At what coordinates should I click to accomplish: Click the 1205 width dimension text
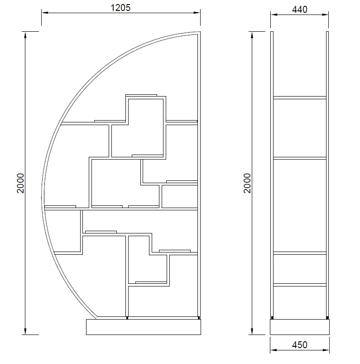tap(120, 8)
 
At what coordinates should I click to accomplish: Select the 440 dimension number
tap(299, 10)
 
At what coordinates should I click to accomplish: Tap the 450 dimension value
tap(299, 345)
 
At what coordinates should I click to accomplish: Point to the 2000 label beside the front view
tap(20, 183)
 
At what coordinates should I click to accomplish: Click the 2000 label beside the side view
tap(247, 183)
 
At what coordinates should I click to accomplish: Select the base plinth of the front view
tap(144, 327)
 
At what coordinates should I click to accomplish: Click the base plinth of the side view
tap(300, 327)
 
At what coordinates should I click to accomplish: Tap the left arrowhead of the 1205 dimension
tap(45, 13)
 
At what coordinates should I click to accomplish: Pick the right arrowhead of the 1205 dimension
tap(197, 13)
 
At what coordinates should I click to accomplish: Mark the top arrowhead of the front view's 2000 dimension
tap(25, 34)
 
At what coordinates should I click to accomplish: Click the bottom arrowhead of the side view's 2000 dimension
tap(252, 331)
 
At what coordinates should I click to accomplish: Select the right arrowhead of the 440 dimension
tap(325, 15)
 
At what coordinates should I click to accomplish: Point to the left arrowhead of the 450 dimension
tap(273, 350)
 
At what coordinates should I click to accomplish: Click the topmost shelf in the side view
tap(300, 98)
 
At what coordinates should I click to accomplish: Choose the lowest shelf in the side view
tap(300, 285)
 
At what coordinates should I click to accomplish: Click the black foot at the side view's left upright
tap(272, 318)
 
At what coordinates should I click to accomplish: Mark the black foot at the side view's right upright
tap(327, 318)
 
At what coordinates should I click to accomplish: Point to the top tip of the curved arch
tap(200, 32)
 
